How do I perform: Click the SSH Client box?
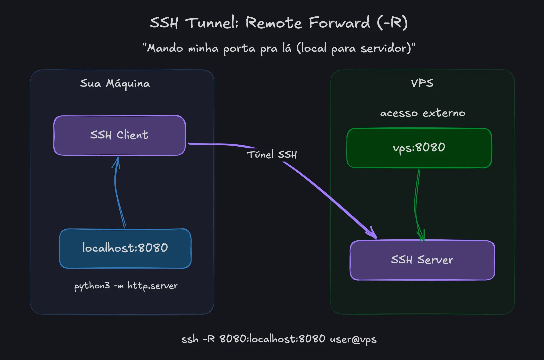(x=119, y=135)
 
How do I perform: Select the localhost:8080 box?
(x=125, y=248)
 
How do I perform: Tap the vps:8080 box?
(x=419, y=148)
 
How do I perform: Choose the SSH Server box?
(x=422, y=260)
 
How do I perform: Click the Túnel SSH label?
(x=272, y=154)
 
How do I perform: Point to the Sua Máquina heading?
(x=115, y=83)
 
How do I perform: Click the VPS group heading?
(x=422, y=83)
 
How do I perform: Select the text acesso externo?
(x=422, y=113)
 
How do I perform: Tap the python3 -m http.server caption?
(x=126, y=286)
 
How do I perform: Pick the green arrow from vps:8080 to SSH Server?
(x=417, y=203)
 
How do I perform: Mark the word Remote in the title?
(x=274, y=23)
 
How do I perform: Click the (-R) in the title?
(x=392, y=23)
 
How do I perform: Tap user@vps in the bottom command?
(x=353, y=339)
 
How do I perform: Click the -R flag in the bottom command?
(x=209, y=339)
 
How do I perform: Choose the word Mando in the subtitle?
(x=165, y=48)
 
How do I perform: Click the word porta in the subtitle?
(x=239, y=49)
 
